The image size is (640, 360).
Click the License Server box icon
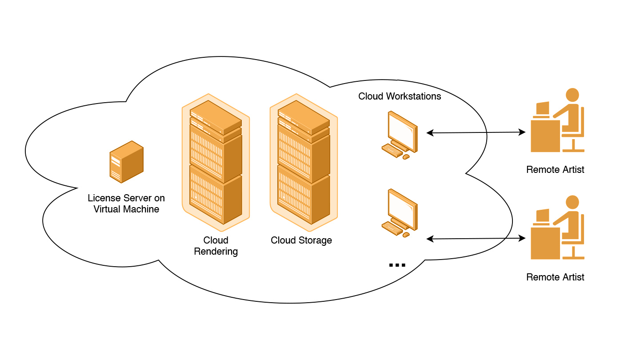click(x=127, y=162)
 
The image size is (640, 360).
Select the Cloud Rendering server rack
click(x=216, y=162)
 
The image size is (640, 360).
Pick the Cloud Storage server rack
click(x=304, y=162)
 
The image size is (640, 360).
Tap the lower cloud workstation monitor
click(x=402, y=208)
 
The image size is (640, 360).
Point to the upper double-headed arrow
click(x=476, y=132)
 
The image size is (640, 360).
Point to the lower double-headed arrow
click(x=476, y=239)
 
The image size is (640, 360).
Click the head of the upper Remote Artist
click(x=572, y=95)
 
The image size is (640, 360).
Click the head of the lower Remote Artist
click(x=572, y=202)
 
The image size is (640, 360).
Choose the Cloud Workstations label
click(x=400, y=96)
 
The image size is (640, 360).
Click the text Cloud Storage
click(x=301, y=240)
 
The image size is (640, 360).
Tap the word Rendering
click(x=216, y=252)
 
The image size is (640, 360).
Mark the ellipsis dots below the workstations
click(x=397, y=265)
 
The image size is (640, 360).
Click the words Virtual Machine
click(x=126, y=209)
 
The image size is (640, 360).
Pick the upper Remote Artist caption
click(x=555, y=170)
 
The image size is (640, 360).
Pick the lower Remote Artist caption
click(x=555, y=277)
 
